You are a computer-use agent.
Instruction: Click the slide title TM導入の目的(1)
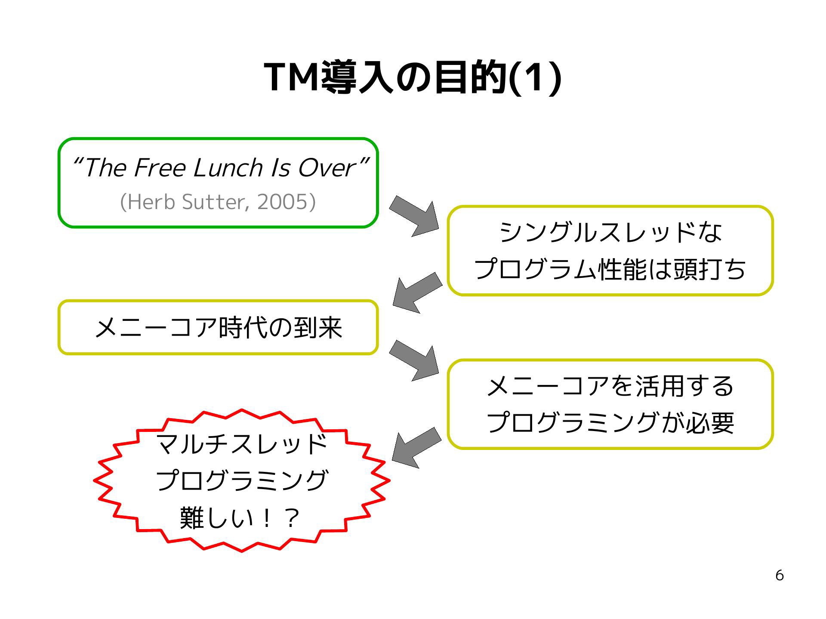click(413, 77)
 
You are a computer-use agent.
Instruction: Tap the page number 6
click(779, 576)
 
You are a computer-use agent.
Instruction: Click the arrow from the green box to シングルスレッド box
click(414, 216)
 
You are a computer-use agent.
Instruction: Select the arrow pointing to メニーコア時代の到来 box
click(417, 292)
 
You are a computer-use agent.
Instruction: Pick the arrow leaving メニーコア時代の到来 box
click(414, 360)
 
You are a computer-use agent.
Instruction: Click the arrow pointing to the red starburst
click(416, 447)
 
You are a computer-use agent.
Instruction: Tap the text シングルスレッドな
click(610, 232)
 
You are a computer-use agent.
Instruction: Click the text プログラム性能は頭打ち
click(610, 269)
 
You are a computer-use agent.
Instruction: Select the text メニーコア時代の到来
click(218, 327)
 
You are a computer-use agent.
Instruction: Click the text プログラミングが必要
click(610, 422)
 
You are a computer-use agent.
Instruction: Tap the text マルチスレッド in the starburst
click(242, 444)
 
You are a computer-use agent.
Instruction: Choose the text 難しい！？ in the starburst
click(239, 518)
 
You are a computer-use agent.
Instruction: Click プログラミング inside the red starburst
click(242, 480)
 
